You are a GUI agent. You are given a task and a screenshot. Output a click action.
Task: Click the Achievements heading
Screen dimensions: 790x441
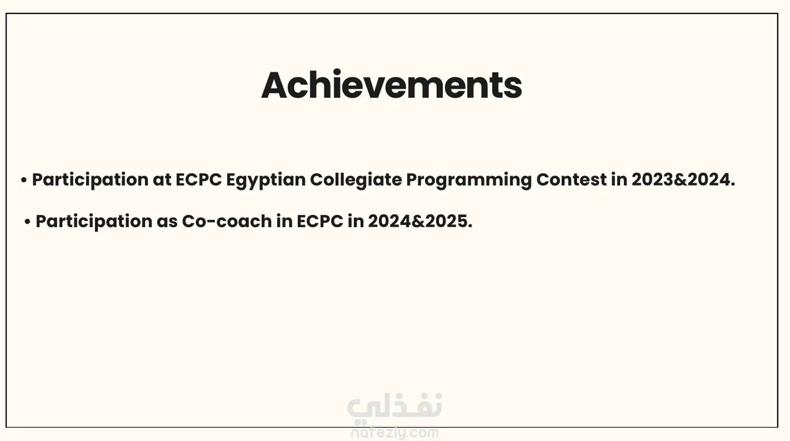(392, 85)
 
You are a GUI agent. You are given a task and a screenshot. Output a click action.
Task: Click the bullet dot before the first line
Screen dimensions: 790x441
(24, 180)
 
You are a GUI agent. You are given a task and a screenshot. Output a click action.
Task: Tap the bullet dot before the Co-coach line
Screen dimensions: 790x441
(28, 222)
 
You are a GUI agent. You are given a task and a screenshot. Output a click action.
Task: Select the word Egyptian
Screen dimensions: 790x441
(266, 181)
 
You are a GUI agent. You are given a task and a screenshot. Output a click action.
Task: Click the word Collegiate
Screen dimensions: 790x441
(356, 181)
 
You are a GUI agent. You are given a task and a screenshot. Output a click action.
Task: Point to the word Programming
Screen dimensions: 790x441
(469, 181)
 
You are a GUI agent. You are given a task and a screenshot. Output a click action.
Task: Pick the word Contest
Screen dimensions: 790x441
(571, 180)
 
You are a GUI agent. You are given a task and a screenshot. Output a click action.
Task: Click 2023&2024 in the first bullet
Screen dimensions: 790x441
(683, 180)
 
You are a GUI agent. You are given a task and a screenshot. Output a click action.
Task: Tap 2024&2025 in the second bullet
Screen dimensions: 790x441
(420, 222)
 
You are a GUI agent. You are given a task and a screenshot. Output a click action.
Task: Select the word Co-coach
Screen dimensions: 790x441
(227, 222)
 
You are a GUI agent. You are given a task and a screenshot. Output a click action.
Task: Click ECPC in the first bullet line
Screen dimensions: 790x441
(198, 180)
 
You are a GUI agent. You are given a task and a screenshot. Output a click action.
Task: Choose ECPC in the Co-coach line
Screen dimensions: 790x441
(320, 222)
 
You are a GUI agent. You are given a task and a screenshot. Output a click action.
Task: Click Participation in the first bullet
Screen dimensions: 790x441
(91, 181)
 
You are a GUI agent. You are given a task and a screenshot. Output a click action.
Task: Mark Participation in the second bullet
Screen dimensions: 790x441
(94, 222)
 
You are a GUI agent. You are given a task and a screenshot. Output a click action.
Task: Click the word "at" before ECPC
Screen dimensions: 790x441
(162, 180)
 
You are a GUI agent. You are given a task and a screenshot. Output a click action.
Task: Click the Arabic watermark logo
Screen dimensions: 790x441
(394, 408)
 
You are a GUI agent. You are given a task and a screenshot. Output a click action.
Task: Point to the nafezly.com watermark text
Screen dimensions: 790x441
(394, 433)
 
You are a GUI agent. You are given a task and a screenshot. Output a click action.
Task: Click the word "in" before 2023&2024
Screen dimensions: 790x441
(619, 180)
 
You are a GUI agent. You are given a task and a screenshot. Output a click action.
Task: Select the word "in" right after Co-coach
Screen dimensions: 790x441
(284, 222)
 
